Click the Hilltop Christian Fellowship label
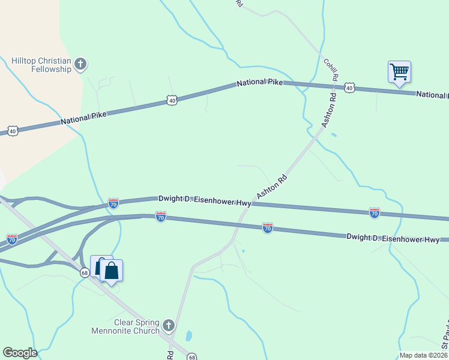coord(41,65)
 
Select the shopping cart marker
coord(399,73)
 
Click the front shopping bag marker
coord(112,270)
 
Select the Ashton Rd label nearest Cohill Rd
coord(329,109)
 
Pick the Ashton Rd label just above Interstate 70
coord(273,187)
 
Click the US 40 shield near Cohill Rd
coord(349,88)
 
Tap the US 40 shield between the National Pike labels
coord(172,101)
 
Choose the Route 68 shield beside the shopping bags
coord(85,273)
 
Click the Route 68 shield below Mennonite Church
coord(191,357)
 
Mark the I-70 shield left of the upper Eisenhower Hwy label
coord(113,204)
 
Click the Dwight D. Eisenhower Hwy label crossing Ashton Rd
coord(205,201)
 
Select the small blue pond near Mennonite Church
coord(189,335)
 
